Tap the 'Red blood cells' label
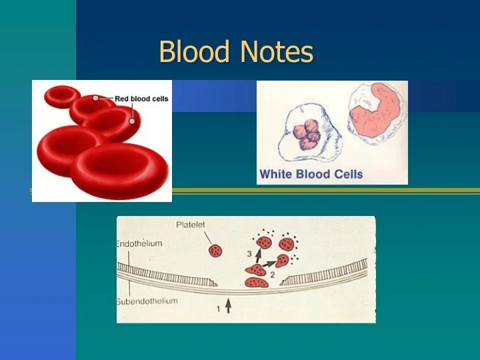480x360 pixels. pos(141,99)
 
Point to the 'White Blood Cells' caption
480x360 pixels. pos(311,175)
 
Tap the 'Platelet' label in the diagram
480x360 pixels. pos(191,225)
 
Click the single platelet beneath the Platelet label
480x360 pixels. pos(215,251)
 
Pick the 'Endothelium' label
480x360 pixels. pos(139,244)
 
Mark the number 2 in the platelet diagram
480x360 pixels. pos(272,274)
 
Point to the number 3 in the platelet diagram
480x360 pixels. pos(249,254)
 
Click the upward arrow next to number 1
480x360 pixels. pos(229,306)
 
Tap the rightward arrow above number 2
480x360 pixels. pos(269,264)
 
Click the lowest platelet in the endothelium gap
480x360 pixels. pos(256,283)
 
